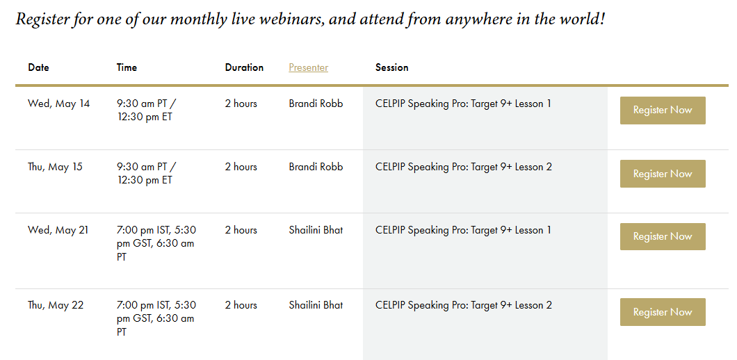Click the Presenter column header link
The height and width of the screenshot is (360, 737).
(x=308, y=67)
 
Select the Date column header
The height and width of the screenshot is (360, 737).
(x=38, y=67)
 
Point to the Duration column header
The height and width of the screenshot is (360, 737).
(x=244, y=67)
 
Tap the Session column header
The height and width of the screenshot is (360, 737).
(x=392, y=67)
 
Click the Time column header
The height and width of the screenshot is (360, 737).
(x=127, y=67)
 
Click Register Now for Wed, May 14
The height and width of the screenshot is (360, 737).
(x=663, y=111)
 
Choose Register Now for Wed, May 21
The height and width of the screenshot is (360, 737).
(x=663, y=236)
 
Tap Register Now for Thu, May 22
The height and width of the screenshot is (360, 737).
(x=663, y=312)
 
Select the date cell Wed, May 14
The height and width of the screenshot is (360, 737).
(x=59, y=104)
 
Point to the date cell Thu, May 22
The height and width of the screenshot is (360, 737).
(x=56, y=306)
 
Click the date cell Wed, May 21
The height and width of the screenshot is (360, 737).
(x=58, y=230)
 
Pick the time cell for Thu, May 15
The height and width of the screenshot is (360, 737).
(x=147, y=174)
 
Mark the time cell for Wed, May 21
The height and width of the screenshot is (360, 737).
(x=156, y=243)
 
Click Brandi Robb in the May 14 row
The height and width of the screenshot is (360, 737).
(x=316, y=104)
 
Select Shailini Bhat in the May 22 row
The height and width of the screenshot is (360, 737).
(x=316, y=306)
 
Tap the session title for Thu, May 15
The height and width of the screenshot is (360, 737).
(x=464, y=167)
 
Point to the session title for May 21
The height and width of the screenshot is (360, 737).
(x=463, y=230)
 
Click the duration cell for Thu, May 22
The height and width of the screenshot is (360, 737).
(x=241, y=306)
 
